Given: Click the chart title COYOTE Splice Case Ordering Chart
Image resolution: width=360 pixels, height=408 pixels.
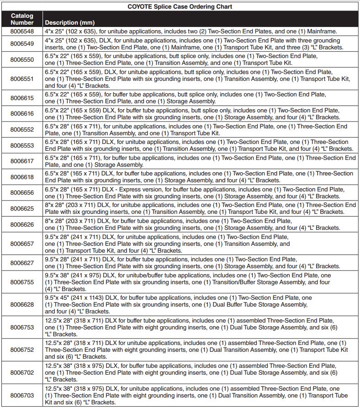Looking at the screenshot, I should [180, 7].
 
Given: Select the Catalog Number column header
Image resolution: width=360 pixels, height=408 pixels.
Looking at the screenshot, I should [22, 19].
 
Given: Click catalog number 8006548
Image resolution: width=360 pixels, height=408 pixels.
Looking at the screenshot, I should [22, 32].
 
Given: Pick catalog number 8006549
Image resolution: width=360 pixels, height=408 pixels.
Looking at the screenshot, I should [22, 44].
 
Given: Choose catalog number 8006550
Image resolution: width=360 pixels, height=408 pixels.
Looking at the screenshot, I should [22, 59].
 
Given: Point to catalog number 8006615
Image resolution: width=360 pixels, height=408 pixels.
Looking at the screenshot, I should [22, 98].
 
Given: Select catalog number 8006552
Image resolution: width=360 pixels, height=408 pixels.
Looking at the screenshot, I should [22, 130].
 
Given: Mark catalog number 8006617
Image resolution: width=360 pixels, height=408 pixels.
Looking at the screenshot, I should [22, 161].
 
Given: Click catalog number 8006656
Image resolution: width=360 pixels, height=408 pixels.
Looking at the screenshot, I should [22, 193].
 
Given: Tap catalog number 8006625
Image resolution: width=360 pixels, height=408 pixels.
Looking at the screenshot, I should [22, 209].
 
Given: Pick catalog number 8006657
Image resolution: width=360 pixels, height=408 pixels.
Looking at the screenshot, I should [22, 244].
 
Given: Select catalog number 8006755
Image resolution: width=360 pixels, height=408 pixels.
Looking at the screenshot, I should [22, 282].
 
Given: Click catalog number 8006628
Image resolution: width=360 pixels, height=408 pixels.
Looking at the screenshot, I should [22, 304].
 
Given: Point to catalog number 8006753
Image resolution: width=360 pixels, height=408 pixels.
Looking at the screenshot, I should [22, 327].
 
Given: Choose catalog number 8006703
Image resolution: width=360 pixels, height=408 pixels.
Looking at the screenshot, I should [22, 396].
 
